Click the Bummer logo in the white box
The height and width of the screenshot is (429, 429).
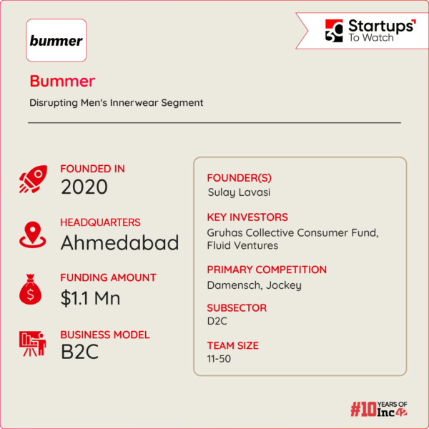coord(56,41)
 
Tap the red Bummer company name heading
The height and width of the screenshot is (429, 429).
coord(62,81)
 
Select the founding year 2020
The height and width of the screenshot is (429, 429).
coord(84,188)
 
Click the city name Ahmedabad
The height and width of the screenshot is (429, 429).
coord(119,243)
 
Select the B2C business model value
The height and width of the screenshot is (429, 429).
coord(79,352)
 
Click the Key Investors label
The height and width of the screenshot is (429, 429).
coord(247,217)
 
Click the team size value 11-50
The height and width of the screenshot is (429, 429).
coord(219,359)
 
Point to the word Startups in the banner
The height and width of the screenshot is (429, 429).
coord(380,26)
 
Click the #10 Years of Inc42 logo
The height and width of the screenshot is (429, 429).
coord(388,409)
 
